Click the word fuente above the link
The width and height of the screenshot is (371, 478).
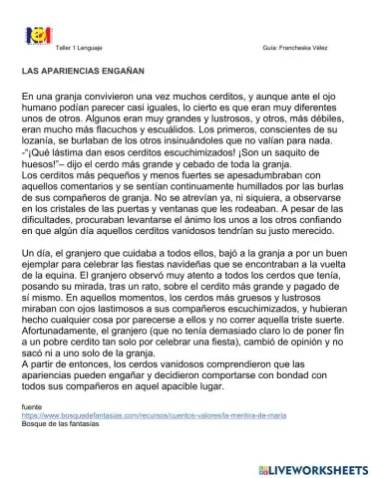[x=32, y=408]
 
